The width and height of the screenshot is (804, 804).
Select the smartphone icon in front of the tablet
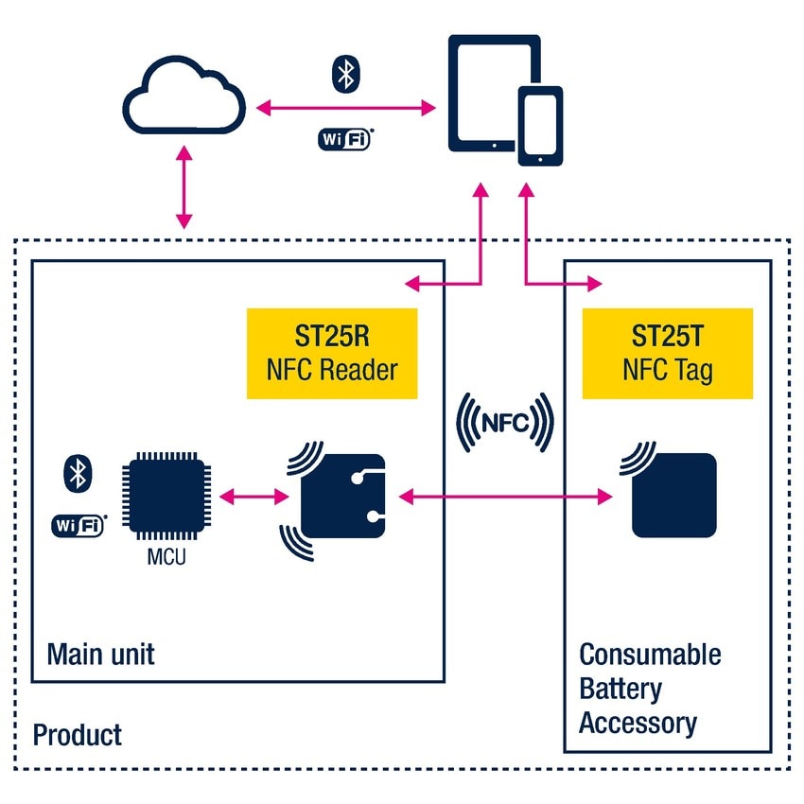pyautogui.click(x=540, y=126)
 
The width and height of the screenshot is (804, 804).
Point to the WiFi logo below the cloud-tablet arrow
pyautogui.click(x=344, y=138)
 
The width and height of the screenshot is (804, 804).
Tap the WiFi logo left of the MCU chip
pyautogui.click(x=77, y=525)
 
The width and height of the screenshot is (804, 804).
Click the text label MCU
pyautogui.click(x=166, y=557)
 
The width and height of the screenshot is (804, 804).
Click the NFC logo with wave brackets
pyautogui.click(x=504, y=423)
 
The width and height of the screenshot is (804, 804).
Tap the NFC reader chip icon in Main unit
pyautogui.click(x=341, y=496)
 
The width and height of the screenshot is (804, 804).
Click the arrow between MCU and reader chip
pyautogui.click(x=253, y=495)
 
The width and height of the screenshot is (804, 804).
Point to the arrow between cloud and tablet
pyautogui.click(x=345, y=107)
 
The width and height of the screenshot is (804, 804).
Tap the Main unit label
pyautogui.click(x=100, y=655)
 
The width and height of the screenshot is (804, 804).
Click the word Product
pyautogui.click(x=78, y=734)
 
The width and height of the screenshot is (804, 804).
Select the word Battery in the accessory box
pyautogui.click(x=620, y=690)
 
